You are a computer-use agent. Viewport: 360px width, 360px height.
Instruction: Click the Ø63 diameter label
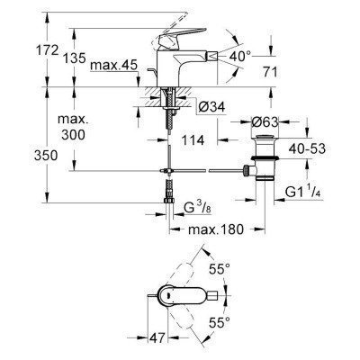(264, 122)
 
